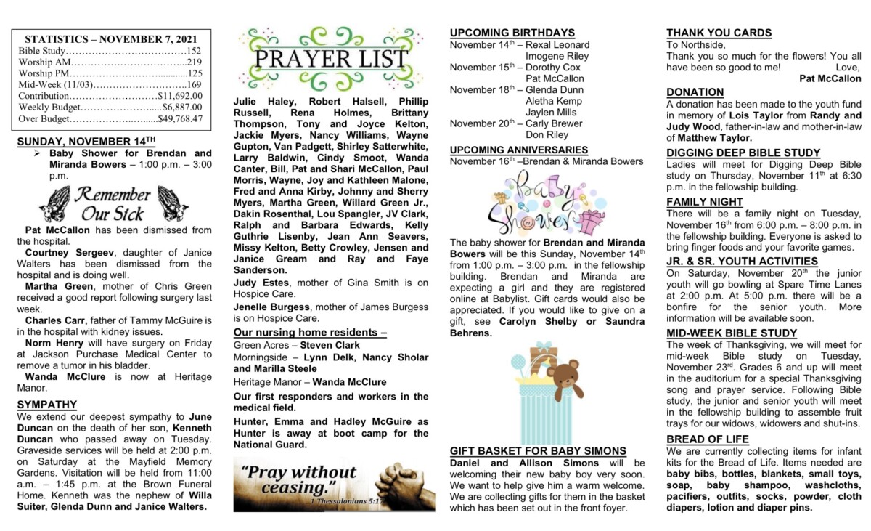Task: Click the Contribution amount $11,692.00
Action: coord(180,95)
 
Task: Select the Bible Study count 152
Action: coord(193,51)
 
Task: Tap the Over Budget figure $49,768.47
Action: coord(180,118)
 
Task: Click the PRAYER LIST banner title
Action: coord(334,60)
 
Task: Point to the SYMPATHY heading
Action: coord(46,405)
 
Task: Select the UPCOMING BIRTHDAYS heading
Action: coord(512,33)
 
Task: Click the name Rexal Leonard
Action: coord(557,44)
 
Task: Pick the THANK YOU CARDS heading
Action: coord(719,33)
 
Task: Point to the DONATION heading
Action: coord(695,92)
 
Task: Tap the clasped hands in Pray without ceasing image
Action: coord(403,482)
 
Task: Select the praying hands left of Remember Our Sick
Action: coord(54,204)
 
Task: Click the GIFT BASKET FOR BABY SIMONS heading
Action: coord(538,451)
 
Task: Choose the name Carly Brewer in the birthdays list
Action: coord(554,123)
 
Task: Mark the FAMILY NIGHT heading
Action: coord(705,202)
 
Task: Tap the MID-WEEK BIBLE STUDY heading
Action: coord(721,333)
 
